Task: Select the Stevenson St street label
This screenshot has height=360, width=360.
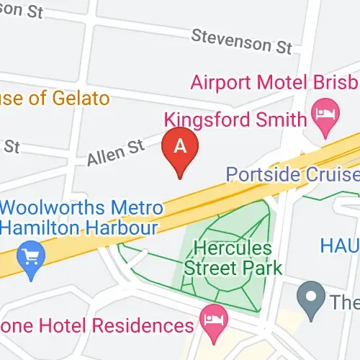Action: [x=242, y=42]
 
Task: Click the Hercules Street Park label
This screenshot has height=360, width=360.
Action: [x=233, y=258]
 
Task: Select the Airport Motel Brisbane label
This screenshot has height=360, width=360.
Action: [x=274, y=81]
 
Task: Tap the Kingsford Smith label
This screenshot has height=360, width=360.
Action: [x=235, y=119]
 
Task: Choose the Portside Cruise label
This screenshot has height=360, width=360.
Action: [x=292, y=175]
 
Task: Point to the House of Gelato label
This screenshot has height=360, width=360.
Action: [x=54, y=98]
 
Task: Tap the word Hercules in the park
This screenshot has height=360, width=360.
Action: [x=233, y=248]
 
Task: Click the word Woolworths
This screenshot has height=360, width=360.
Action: [x=55, y=207]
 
